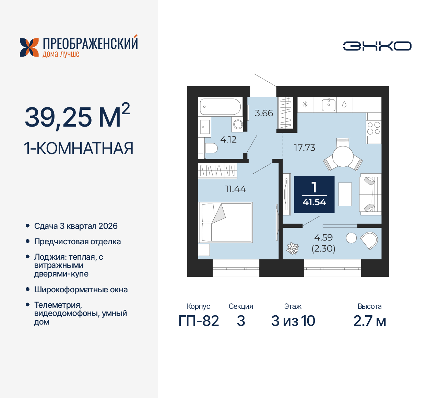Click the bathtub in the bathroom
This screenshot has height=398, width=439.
[x=221, y=107]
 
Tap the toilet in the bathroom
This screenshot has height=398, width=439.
[x=211, y=149]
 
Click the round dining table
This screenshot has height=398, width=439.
[x=343, y=156]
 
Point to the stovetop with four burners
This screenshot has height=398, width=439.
[x=373, y=128]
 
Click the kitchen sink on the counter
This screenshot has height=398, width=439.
[x=329, y=104]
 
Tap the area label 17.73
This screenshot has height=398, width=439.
[x=305, y=148]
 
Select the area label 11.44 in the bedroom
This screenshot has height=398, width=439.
[x=236, y=189]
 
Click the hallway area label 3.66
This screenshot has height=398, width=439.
[x=264, y=113]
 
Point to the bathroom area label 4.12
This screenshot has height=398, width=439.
[x=228, y=140]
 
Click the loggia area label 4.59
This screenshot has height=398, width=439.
[x=323, y=237]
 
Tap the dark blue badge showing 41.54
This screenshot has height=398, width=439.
[x=314, y=195]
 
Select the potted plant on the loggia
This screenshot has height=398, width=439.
[x=293, y=248]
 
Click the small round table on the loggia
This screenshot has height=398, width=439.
[x=351, y=238]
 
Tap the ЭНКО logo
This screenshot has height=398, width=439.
[x=377, y=46]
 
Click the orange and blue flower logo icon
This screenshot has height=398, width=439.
[x=29, y=47]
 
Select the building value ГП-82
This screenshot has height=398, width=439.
[x=199, y=321]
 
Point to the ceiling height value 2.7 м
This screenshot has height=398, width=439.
[x=370, y=321]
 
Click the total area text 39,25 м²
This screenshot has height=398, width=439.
[x=77, y=117]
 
